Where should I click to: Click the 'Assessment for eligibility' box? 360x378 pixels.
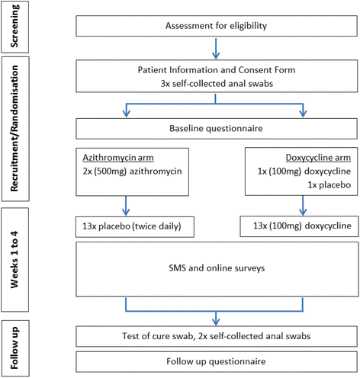point(216,27)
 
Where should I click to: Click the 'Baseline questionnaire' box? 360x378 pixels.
point(216,128)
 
